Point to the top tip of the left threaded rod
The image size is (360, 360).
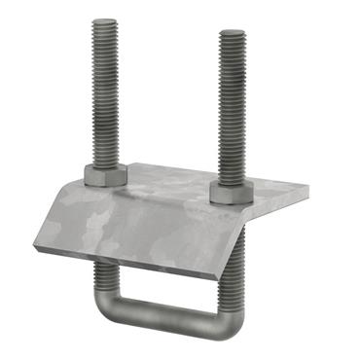(x=105, y=22)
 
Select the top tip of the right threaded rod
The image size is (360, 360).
(x=234, y=35)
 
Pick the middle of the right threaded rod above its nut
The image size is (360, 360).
(x=234, y=107)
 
